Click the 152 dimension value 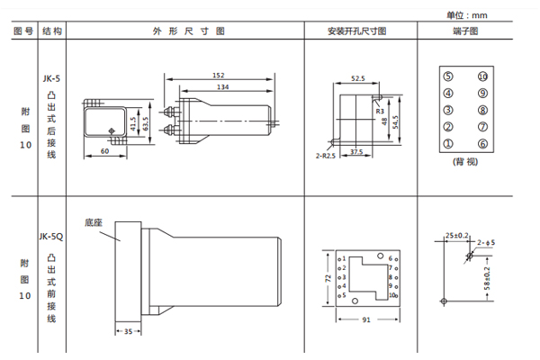click(219, 76)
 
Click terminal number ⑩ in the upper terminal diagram click(482, 76)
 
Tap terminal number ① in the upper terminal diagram click(448, 144)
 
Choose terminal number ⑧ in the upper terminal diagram click(482, 110)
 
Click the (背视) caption click(465, 165)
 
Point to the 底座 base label click(94, 220)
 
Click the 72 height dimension click(326, 279)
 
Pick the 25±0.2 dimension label click(456, 236)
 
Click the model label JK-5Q click(50, 238)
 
